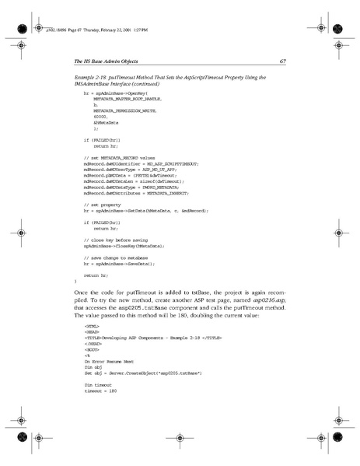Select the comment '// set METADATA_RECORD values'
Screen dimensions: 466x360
120,157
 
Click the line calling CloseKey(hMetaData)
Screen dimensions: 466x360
127,244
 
